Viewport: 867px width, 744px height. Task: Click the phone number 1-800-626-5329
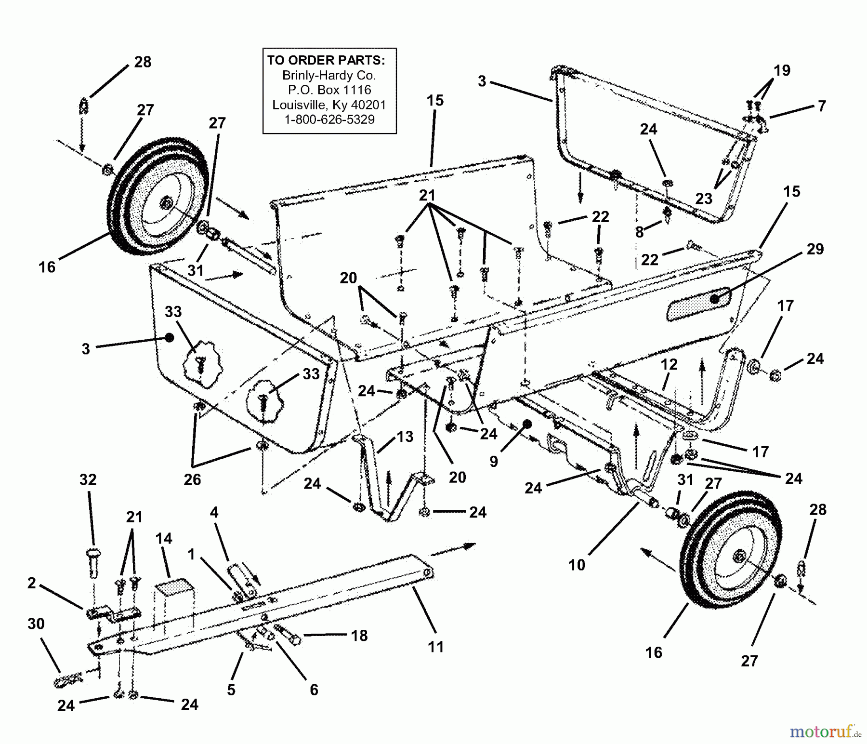329,120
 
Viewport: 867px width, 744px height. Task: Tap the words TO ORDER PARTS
326,60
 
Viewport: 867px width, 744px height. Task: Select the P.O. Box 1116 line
329,90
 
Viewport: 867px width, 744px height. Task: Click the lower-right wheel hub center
737,558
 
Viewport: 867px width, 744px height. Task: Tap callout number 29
815,249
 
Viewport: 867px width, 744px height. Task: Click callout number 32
88,479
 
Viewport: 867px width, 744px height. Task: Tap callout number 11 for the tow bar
436,647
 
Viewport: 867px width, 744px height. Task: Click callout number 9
494,461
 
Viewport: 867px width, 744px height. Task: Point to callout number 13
405,437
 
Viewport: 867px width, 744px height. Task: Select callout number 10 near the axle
577,564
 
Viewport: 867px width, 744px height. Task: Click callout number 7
822,106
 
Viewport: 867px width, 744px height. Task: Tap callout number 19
782,70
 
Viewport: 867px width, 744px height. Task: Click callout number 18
359,636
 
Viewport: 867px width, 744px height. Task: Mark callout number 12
669,365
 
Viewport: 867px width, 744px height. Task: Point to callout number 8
639,232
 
